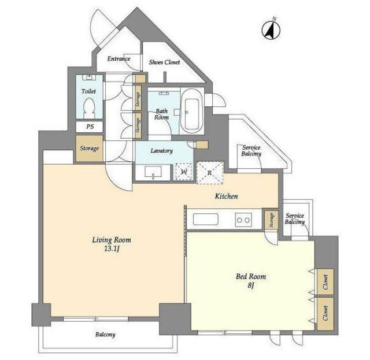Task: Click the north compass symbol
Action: tap(271, 29)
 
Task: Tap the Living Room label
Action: tap(112, 240)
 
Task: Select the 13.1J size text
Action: tap(112, 249)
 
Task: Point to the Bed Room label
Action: tap(251, 276)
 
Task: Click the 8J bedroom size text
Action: tap(250, 285)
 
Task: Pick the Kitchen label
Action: tap(226, 196)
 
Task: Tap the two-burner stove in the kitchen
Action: tap(243, 220)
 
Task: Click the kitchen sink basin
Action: tap(206, 219)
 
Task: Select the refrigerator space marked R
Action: tap(210, 172)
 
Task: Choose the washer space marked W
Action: tap(184, 172)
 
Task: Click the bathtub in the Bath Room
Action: tap(191, 112)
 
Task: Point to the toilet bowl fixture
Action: tap(89, 108)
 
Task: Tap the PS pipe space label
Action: tap(90, 127)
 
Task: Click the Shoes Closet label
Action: tap(164, 62)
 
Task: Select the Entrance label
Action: tap(119, 58)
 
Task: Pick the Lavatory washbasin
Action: tap(153, 172)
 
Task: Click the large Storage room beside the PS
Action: tap(90, 149)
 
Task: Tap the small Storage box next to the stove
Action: tap(271, 220)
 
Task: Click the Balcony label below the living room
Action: tap(105, 335)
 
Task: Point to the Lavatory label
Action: tap(162, 151)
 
